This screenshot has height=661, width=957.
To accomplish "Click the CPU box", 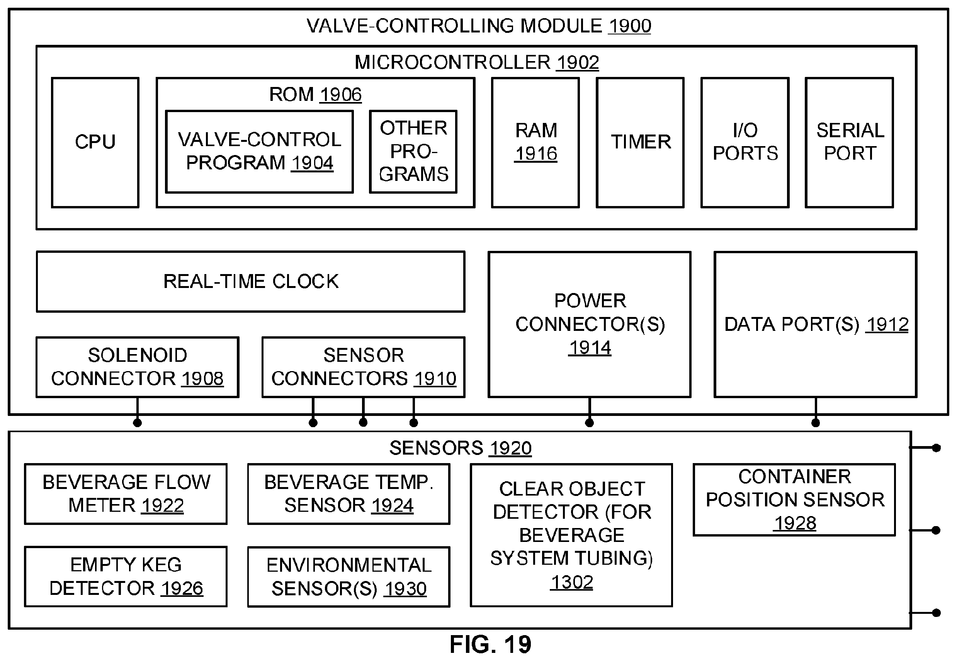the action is point(95,143).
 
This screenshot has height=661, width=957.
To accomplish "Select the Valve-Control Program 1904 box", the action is point(260,152).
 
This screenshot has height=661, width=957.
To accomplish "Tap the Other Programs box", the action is point(413,152).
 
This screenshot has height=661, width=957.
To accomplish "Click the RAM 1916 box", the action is point(535,143).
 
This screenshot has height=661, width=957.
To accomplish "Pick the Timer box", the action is point(640,143).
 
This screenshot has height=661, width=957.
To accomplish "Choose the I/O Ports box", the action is point(745,143).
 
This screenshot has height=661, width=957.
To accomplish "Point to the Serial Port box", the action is point(849,143).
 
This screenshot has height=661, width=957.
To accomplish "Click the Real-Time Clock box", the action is point(251,282).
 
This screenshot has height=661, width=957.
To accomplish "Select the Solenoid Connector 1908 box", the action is point(138,367).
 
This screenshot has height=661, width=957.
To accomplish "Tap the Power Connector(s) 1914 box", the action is point(590,325).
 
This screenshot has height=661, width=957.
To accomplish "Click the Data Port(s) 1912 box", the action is point(816,325).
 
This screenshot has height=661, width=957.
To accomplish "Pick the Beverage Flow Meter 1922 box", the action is point(126,494).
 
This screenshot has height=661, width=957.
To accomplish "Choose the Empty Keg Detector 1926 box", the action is point(126,577).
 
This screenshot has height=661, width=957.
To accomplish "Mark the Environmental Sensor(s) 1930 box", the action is point(349,577).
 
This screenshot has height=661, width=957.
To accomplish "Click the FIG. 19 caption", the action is point(491,644).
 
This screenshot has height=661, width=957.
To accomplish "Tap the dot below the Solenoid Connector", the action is point(138,422).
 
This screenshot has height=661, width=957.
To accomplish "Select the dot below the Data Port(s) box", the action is point(816,422).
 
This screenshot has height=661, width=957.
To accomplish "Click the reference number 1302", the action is point(572,582).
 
